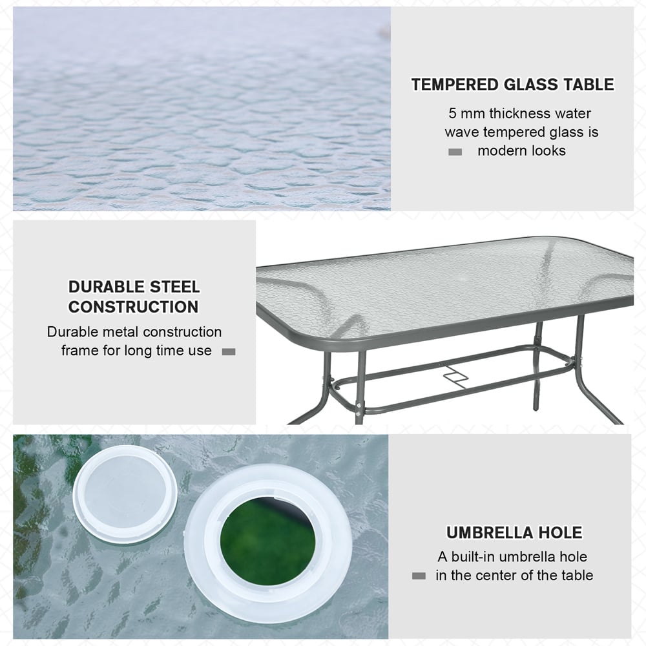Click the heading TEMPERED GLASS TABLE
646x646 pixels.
coord(512,85)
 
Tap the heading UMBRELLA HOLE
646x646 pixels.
coord(514,533)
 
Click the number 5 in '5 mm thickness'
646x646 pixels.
coord(453,114)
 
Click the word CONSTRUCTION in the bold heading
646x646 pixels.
coord(134,307)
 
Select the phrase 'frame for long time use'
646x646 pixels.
coord(136,351)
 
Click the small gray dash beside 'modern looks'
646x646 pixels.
coord(455,152)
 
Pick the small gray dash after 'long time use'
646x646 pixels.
coord(229,352)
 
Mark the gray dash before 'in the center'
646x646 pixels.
coord(419,576)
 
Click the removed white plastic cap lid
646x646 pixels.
coord(125,493)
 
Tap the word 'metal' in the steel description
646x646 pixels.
coord(119,332)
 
